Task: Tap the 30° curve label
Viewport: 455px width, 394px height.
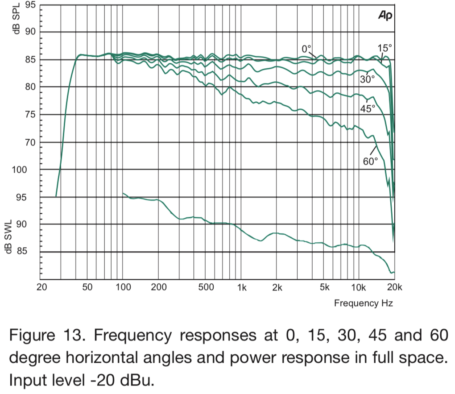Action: tap(368, 79)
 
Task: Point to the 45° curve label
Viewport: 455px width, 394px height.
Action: tap(368, 108)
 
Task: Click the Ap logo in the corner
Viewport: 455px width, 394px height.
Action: tap(385, 16)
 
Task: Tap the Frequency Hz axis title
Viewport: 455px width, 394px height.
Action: tap(364, 303)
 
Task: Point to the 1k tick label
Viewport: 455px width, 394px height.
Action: tap(242, 287)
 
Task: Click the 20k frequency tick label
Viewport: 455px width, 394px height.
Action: tap(394, 287)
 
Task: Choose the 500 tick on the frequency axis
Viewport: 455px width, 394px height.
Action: tap(206, 287)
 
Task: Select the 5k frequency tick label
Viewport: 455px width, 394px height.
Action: tap(324, 287)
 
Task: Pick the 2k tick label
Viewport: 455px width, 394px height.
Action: tap(277, 287)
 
